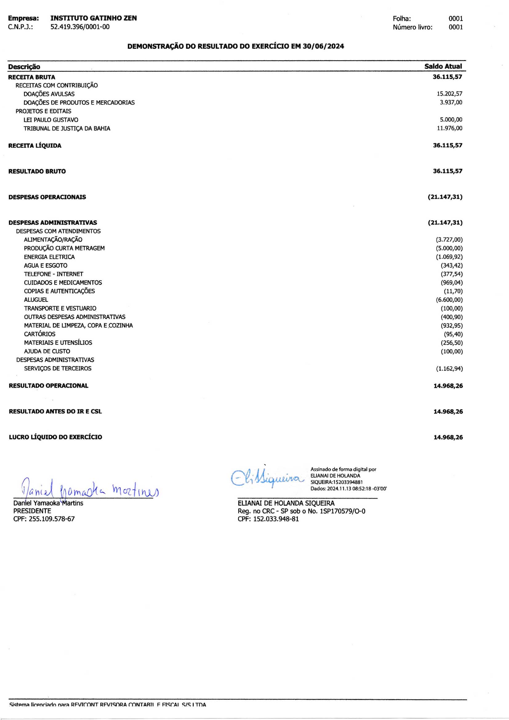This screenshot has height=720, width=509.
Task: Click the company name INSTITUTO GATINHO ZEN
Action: tap(94, 18)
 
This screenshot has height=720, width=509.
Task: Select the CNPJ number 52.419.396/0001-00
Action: tap(80, 27)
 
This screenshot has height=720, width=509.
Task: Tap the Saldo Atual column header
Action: tap(443, 67)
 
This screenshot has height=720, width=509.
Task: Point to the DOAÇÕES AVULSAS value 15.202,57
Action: tap(449, 94)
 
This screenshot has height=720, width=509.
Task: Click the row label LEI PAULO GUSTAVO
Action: tap(51, 120)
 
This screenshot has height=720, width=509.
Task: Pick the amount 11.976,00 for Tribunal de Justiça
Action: tap(449, 128)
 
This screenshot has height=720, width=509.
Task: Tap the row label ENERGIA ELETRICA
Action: tap(49, 257)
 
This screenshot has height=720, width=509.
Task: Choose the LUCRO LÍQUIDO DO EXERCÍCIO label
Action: tap(55, 437)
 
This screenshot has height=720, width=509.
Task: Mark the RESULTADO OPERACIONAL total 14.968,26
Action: tap(448, 386)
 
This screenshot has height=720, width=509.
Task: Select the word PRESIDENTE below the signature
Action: tap(32, 511)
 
